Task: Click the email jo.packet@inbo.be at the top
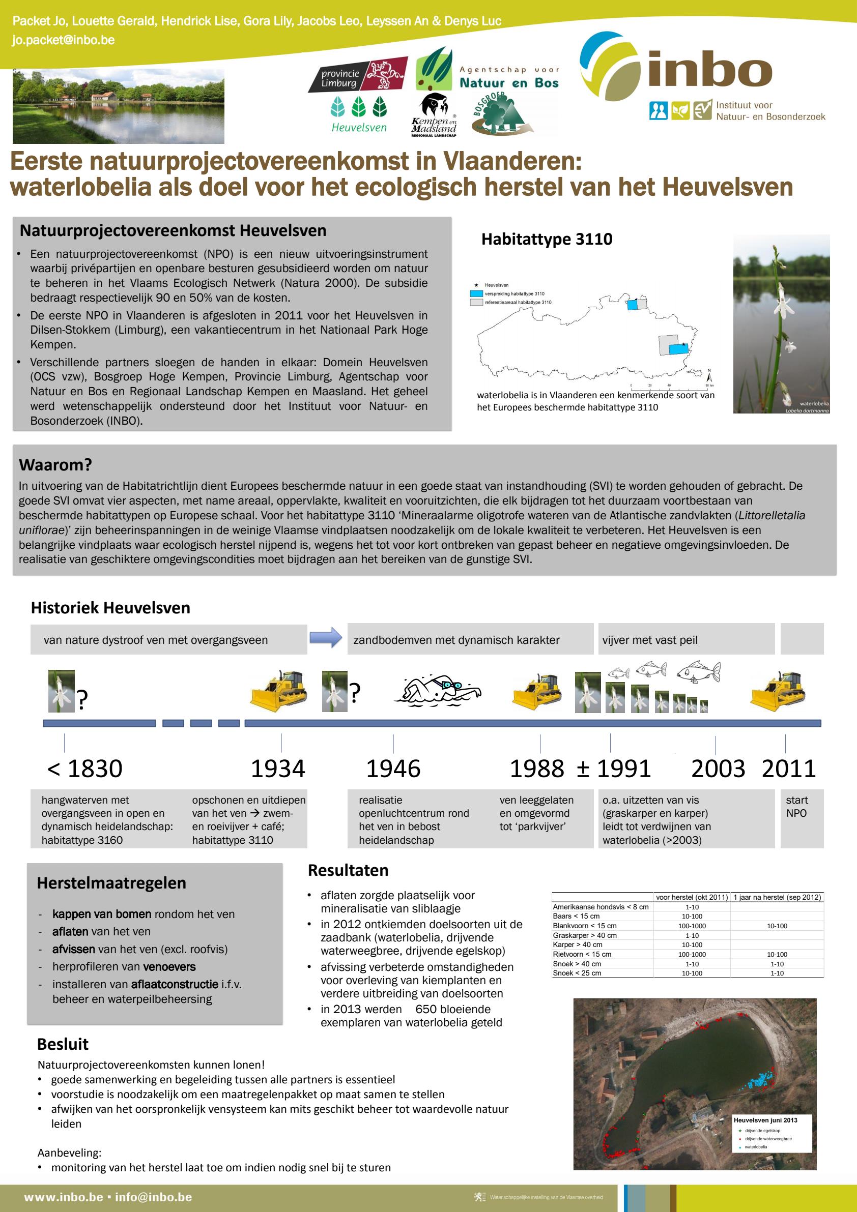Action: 64,40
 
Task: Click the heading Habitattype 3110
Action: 547,239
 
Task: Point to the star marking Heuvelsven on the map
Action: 683,344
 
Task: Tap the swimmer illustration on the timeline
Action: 438,689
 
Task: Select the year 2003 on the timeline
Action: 718,768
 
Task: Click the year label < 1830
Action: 84,768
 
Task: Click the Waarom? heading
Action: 55,465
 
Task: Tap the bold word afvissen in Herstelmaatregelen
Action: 73,949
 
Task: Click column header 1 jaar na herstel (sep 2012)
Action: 777,897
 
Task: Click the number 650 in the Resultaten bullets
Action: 425,1009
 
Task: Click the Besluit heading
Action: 62,1044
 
